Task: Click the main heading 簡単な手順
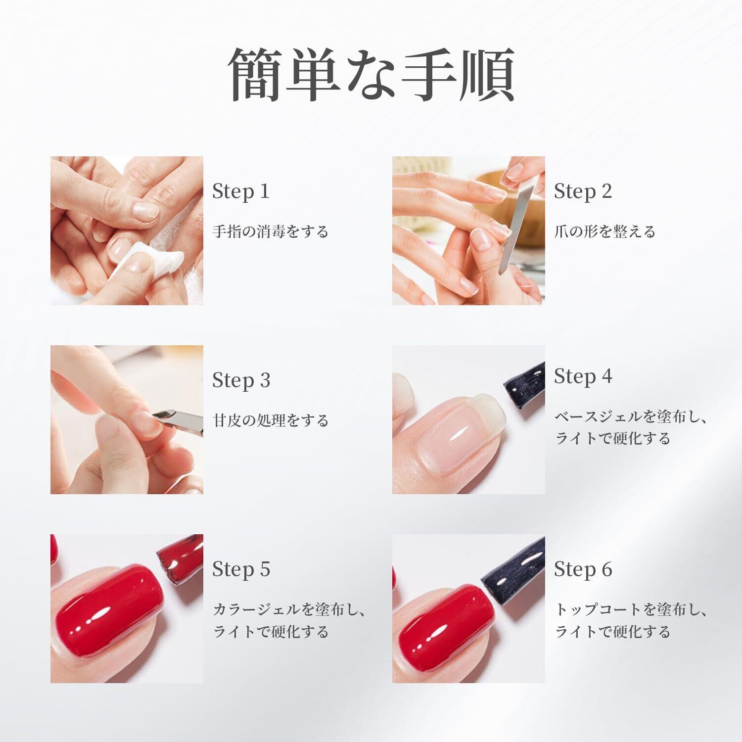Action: [x=371, y=75]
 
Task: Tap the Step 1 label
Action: [x=241, y=191]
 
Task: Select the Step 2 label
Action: [x=583, y=191]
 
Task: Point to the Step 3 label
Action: [x=241, y=380]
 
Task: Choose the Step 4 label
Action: [x=583, y=376]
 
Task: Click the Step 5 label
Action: [x=241, y=569]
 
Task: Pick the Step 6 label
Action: [x=583, y=569]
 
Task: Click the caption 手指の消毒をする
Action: [x=271, y=232]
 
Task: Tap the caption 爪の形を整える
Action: [x=605, y=232]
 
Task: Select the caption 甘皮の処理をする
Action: [x=271, y=420]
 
